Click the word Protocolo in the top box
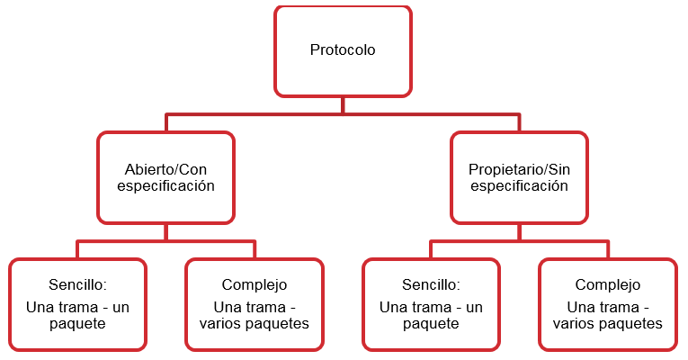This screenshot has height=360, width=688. [x=343, y=50]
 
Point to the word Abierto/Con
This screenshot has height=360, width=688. [x=166, y=169]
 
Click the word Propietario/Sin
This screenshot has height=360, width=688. [x=519, y=169]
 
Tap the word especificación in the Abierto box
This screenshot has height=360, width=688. [x=166, y=186]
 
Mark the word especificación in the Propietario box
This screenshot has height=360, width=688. [x=519, y=186]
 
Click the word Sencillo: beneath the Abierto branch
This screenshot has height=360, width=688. [x=77, y=284]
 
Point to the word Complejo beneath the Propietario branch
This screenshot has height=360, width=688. [x=607, y=284]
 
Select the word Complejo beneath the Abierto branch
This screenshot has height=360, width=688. [x=255, y=284]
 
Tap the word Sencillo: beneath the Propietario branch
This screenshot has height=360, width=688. [x=431, y=284]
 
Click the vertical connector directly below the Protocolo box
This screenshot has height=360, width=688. [x=343, y=104]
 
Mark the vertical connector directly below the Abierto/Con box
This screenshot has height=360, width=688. [x=166, y=232]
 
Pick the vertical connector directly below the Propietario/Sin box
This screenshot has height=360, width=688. [x=519, y=232]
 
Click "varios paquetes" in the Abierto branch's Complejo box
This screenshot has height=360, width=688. [x=255, y=323]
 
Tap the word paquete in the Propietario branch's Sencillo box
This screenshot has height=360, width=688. [x=431, y=323]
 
